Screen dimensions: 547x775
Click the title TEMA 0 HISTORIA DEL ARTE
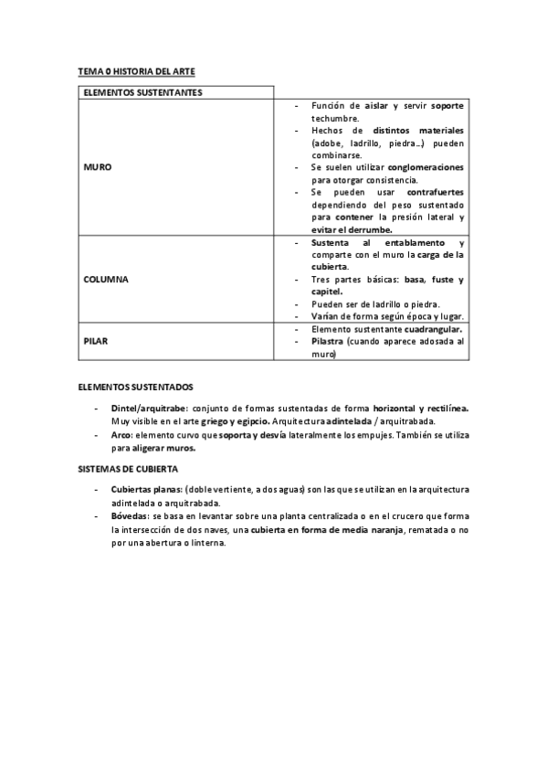(x=136, y=70)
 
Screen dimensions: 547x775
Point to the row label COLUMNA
(x=105, y=278)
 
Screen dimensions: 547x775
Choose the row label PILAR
(x=96, y=340)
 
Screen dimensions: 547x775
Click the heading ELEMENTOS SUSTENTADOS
(x=134, y=387)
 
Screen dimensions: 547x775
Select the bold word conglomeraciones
(x=426, y=168)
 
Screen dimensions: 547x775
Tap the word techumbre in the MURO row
(x=335, y=118)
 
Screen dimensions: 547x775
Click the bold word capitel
(x=326, y=292)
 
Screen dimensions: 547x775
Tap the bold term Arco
(x=121, y=436)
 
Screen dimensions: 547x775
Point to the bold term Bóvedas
(x=130, y=515)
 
